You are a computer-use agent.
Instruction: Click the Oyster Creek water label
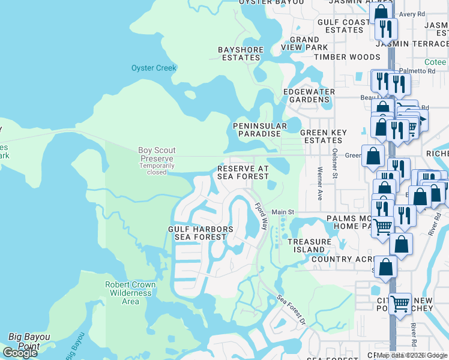coord(154,68)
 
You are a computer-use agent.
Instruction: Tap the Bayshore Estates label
coord(238,53)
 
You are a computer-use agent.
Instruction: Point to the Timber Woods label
coord(348,57)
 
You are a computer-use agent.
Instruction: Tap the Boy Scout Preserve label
coord(156,155)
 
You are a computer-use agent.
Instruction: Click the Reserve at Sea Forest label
coord(243,173)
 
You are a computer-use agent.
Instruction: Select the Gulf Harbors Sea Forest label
coord(200,233)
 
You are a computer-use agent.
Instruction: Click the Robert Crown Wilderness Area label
coord(130,293)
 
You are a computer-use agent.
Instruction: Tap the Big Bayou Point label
coord(29,341)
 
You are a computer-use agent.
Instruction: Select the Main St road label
coord(283,212)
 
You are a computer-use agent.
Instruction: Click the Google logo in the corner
coord(20,353)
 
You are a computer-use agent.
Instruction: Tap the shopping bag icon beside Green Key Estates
coord(373,155)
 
